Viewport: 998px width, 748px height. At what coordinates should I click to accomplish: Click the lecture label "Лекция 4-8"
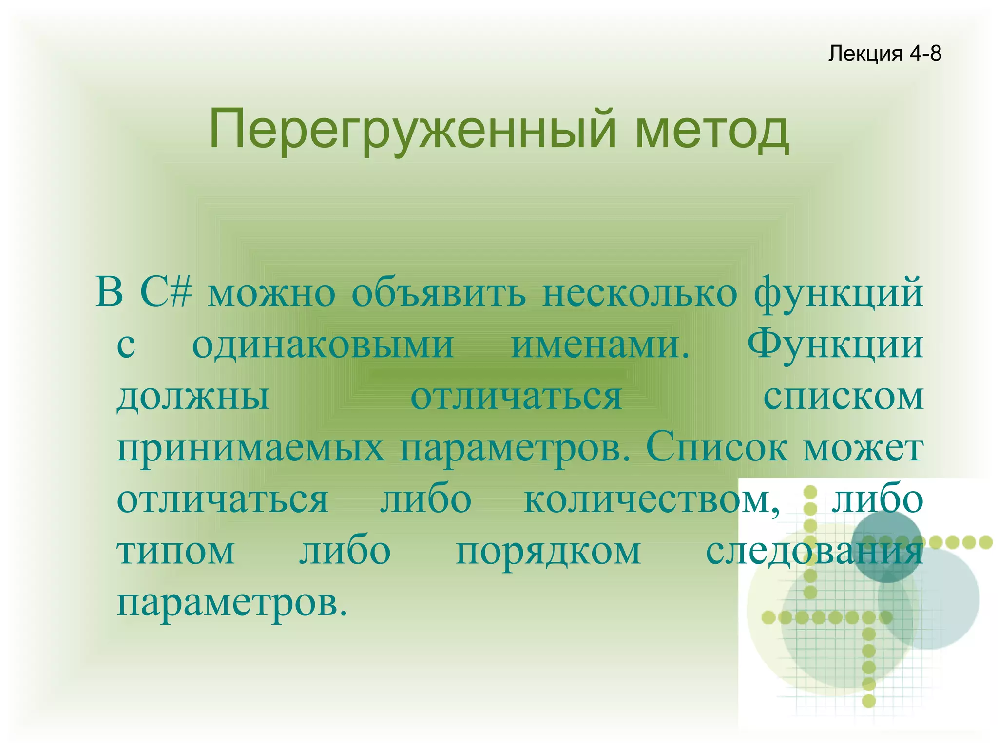pos(884,53)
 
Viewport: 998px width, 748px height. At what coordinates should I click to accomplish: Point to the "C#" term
pos(166,293)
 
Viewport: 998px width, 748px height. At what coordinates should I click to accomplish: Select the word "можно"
pos(271,294)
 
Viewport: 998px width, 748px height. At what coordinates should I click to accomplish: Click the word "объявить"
pos(439,294)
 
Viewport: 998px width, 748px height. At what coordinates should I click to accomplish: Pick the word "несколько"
pos(639,294)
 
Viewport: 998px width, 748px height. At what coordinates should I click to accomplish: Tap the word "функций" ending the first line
pos(838,294)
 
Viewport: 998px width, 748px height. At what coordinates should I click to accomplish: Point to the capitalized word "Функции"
pos(835,345)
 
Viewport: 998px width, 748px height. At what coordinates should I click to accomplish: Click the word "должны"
pos(193,398)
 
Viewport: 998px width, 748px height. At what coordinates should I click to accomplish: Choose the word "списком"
pos(843,398)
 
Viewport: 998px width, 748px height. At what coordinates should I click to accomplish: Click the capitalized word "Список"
pos(716,448)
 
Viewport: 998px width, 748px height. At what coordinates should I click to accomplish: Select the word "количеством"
pos(651,500)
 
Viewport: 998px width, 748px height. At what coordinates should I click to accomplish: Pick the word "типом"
pos(176,553)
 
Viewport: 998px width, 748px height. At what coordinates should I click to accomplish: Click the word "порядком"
pos(548,553)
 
